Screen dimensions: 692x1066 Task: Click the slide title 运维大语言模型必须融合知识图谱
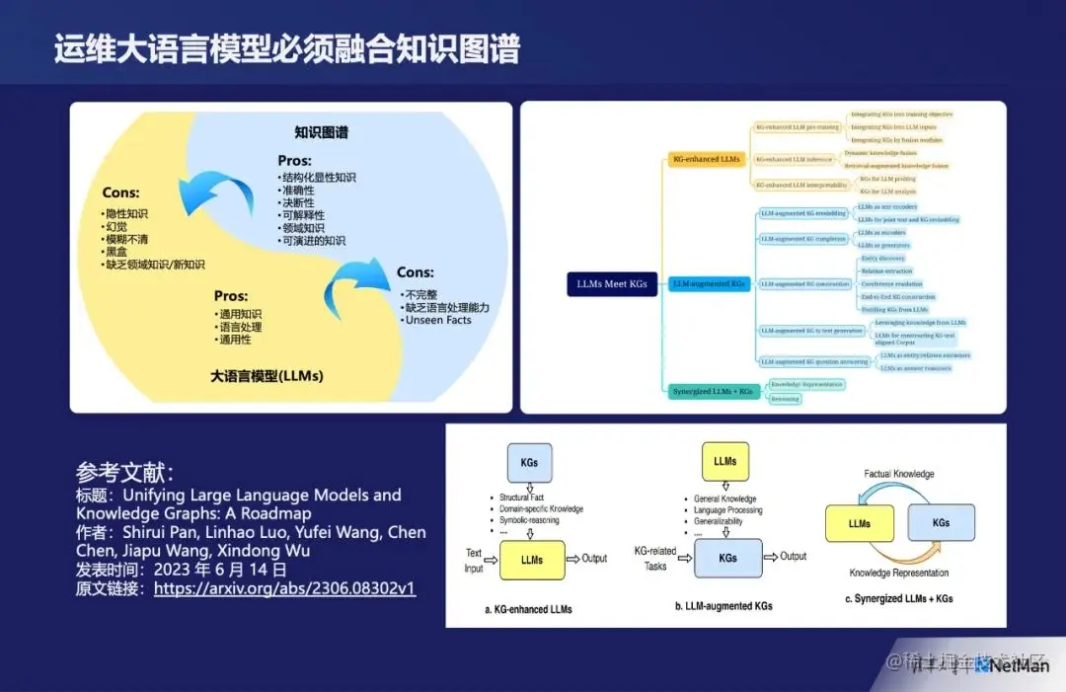pyautogui.click(x=286, y=48)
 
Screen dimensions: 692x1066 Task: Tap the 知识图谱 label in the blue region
pyautogui.click(x=321, y=132)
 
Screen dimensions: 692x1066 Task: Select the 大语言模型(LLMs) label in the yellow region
pyautogui.click(x=266, y=376)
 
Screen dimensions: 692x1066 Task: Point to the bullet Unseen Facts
pyautogui.click(x=437, y=320)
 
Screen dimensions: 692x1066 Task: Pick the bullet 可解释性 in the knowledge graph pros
pyautogui.click(x=303, y=215)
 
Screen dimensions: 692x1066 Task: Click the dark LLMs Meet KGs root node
pyautogui.click(x=612, y=284)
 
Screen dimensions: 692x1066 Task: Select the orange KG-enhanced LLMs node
pyautogui.click(x=706, y=159)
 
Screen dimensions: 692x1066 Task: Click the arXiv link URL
pyautogui.click(x=284, y=588)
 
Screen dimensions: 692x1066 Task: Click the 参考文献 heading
pyautogui.click(x=124, y=471)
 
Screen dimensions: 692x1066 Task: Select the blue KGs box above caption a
pyautogui.click(x=529, y=462)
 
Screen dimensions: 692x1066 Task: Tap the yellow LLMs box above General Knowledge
pyautogui.click(x=724, y=461)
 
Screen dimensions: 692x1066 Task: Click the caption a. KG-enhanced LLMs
pyautogui.click(x=528, y=609)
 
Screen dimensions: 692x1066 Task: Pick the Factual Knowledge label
pyautogui.click(x=898, y=474)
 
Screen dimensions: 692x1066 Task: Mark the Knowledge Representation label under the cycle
pyautogui.click(x=898, y=573)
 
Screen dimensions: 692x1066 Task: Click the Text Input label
pyautogui.click(x=475, y=561)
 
